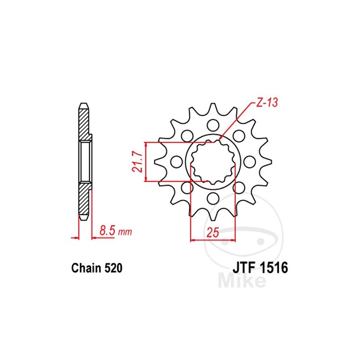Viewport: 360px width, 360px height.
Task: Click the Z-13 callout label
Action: [x=266, y=103]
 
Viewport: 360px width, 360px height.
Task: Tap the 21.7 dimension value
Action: [x=138, y=162]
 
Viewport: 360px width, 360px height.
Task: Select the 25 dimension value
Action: [x=213, y=233]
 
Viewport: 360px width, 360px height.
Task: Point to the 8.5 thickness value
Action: [x=107, y=230]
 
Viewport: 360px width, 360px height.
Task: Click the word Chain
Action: [x=86, y=268]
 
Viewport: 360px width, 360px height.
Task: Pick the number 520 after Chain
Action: [x=113, y=268]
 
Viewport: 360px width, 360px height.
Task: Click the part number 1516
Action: [x=274, y=268]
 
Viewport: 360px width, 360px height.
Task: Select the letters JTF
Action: [x=244, y=268]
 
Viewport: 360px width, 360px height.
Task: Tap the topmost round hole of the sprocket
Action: [x=212, y=125]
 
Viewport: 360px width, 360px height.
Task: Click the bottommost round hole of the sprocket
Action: [x=212, y=198]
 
